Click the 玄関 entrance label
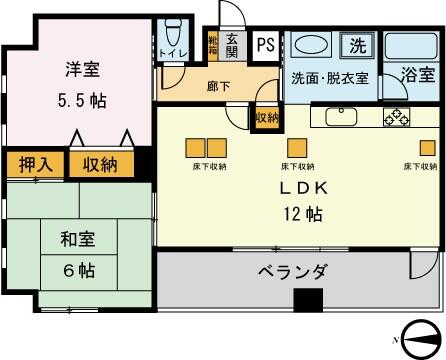click(x=232, y=46)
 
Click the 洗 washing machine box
click(x=357, y=44)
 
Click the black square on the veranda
click(x=308, y=298)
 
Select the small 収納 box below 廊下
click(x=266, y=118)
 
